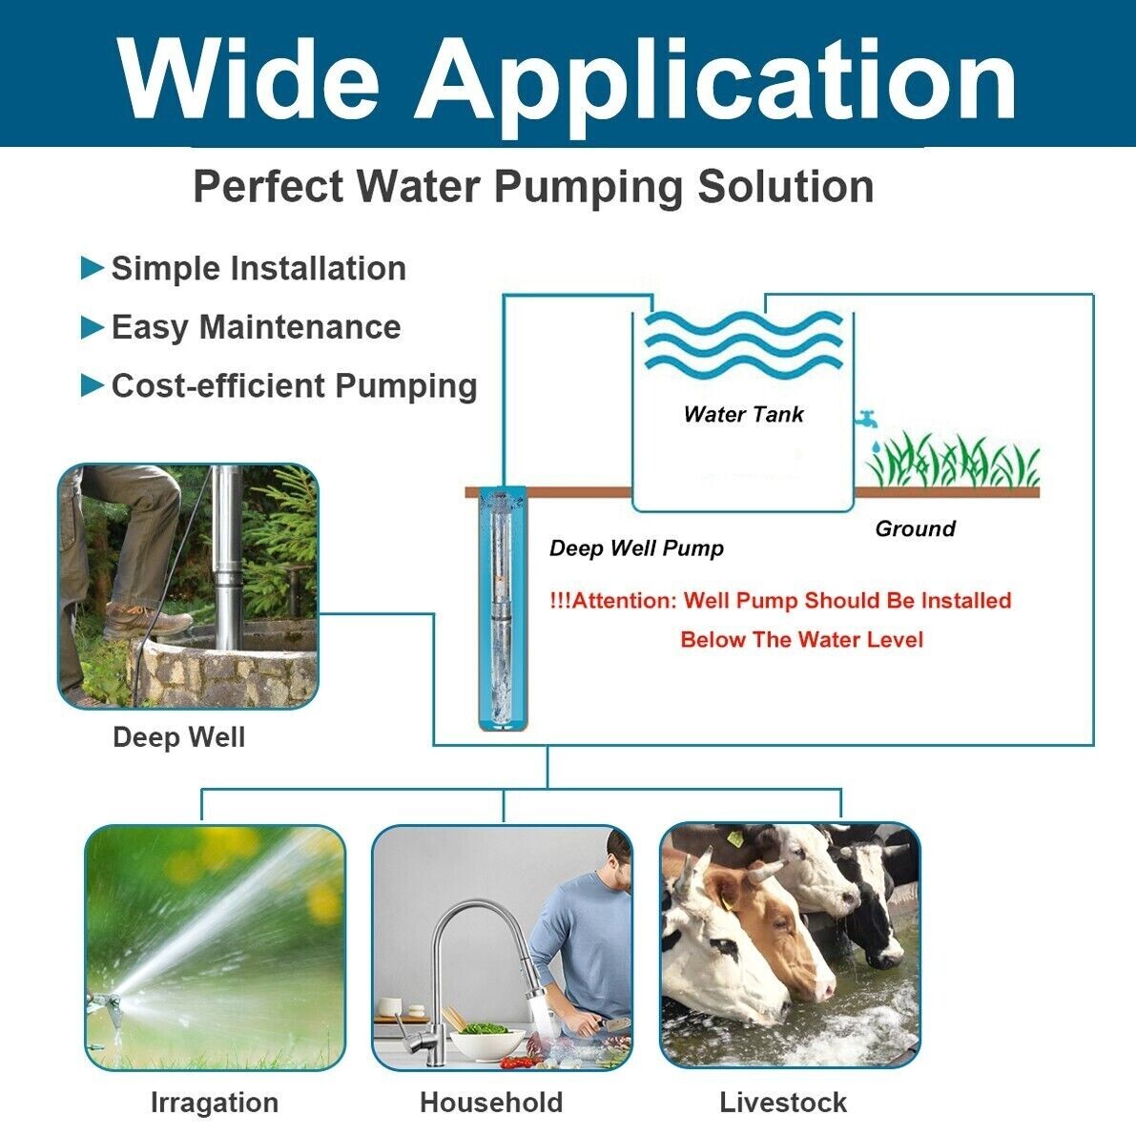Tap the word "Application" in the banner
(715, 81)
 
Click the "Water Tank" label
(743, 414)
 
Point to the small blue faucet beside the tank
(867, 419)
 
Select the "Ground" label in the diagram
(915, 528)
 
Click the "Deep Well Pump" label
(636, 548)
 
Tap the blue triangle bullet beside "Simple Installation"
(92, 268)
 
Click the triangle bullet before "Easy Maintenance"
(92, 327)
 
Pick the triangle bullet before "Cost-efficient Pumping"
(92, 385)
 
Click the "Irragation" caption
(215, 1103)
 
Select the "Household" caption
(491, 1103)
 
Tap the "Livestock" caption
(783, 1103)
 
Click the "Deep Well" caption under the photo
(178, 737)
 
